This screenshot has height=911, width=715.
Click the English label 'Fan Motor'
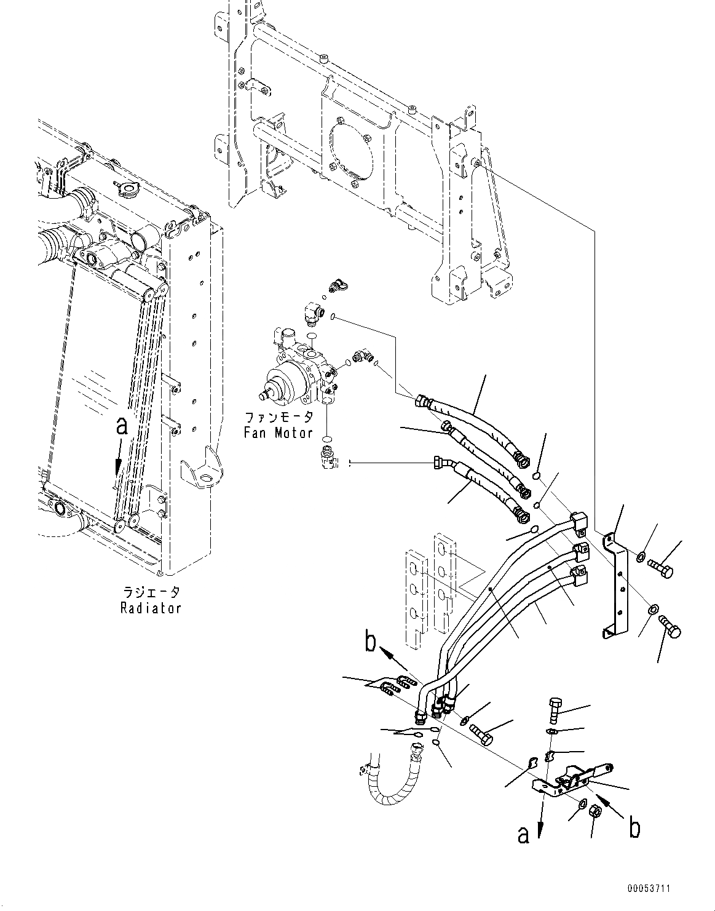[278, 432]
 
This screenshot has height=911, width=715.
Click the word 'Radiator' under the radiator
[151, 608]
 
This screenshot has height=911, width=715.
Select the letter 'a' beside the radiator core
[122, 426]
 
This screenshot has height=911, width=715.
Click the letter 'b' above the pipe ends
[369, 643]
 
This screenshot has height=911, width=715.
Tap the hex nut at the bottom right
[595, 811]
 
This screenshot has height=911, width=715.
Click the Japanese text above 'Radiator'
[151, 593]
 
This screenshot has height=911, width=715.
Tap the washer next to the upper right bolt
[640, 558]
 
